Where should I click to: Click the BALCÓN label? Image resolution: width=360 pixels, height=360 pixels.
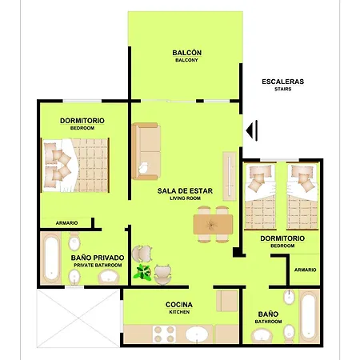(x=186, y=53)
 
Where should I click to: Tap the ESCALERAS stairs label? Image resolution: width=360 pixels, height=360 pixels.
(x=282, y=82)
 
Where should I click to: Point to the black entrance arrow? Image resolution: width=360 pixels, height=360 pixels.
(x=251, y=130)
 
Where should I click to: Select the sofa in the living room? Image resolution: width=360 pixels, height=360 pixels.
(x=146, y=151)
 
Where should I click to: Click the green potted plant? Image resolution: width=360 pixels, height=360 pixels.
(x=142, y=272)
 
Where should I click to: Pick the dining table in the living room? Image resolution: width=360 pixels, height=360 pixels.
(x=213, y=225)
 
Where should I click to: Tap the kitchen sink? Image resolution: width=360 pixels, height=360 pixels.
(x=197, y=334)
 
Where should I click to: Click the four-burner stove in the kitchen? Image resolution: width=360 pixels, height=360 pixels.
(x=164, y=334)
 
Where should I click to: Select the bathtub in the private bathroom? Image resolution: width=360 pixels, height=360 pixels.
(x=51, y=258)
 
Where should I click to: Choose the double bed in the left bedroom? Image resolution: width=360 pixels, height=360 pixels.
(x=75, y=165)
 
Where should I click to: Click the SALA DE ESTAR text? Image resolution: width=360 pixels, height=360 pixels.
(x=185, y=191)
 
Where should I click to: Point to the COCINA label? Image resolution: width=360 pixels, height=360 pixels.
(x=179, y=305)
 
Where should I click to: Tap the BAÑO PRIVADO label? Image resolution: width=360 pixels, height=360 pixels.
(x=98, y=258)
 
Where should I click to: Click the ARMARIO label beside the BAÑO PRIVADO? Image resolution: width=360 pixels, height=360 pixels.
(x=66, y=223)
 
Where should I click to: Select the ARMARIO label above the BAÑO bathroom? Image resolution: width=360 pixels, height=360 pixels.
(x=305, y=270)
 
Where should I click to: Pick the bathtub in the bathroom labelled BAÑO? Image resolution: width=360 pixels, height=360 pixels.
(x=309, y=317)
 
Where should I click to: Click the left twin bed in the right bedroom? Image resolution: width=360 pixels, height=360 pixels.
(x=260, y=197)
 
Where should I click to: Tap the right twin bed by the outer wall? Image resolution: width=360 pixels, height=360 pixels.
(x=302, y=197)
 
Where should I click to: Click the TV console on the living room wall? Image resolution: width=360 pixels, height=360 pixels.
(x=230, y=176)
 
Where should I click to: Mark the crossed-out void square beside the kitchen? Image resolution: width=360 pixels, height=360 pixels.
(x=78, y=318)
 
